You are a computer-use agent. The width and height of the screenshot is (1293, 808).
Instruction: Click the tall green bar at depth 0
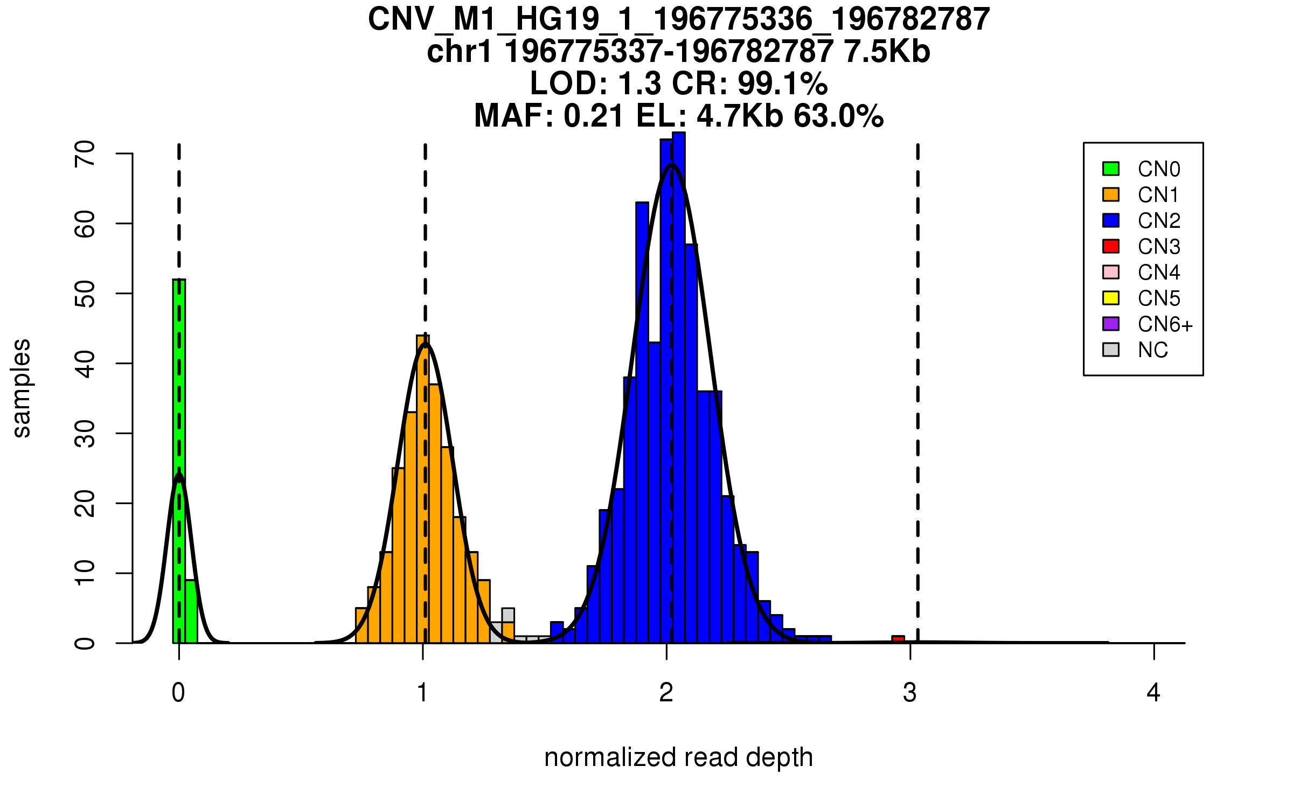click(x=179, y=458)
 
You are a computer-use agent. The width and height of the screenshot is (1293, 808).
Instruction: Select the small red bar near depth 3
click(x=898, y=639)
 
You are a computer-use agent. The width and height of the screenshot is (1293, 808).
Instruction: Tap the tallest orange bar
click(x=423, y=485)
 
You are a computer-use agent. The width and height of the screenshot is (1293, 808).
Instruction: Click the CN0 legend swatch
click(x=1111, y=169)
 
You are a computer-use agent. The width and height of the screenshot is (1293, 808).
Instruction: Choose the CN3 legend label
click(x=1159, y=247)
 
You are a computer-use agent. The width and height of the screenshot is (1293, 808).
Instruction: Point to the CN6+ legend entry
click(x=1165, y=324)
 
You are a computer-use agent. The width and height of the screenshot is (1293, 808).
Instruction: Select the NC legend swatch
click(x=1111, y=350)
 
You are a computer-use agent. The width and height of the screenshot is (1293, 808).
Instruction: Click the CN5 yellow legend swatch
click(x=1111, y=298)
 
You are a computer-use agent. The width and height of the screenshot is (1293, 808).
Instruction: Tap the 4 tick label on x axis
click(x=1153, y=693)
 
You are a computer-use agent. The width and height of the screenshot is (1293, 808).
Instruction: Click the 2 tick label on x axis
click(x=666, y=693)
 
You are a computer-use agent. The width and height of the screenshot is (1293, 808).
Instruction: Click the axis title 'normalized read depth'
click(x=678, y=757)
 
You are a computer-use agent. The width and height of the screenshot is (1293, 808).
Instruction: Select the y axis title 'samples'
click(x=22, y=388)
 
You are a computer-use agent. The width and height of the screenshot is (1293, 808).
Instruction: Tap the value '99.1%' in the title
click(x=782, y=84)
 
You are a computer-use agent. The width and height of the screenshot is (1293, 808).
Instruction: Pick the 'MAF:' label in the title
click(x=514, y=116)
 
